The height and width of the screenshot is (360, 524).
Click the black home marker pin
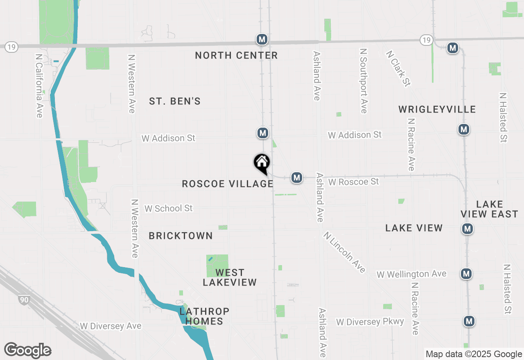[x=262, y=163]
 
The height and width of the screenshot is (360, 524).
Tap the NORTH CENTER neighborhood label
[x=236, y=55]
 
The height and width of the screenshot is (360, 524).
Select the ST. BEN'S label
[x=175, y=101]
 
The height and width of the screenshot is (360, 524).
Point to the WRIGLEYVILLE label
[x=437, y=109]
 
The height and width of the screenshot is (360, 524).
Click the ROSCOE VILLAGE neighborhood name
[x=228, y=184]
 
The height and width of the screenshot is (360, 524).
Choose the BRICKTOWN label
[x=181, y=236]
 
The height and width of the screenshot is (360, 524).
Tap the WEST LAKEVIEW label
[x=230, y=277]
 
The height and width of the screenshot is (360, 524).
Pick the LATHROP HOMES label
[x=204, y=316]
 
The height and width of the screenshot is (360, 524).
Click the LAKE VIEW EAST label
[x=489, y=209]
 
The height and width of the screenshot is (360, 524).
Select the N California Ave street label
[x=39, y=86]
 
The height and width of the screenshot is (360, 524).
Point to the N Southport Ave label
[x=363, y=81]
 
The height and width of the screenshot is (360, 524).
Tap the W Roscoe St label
[x=354, y=181]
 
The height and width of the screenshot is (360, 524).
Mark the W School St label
[x=168, y=208]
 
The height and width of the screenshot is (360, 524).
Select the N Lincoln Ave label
[x=344, y=252]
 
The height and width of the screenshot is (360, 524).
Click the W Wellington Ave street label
[x=411, y=274]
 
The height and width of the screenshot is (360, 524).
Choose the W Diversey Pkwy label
[x=370, y=322]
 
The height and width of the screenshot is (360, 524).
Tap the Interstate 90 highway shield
[x=24, y=300]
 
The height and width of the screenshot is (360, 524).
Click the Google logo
[x=28, y=350]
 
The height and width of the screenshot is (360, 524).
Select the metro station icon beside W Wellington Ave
[x=466, y=274]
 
